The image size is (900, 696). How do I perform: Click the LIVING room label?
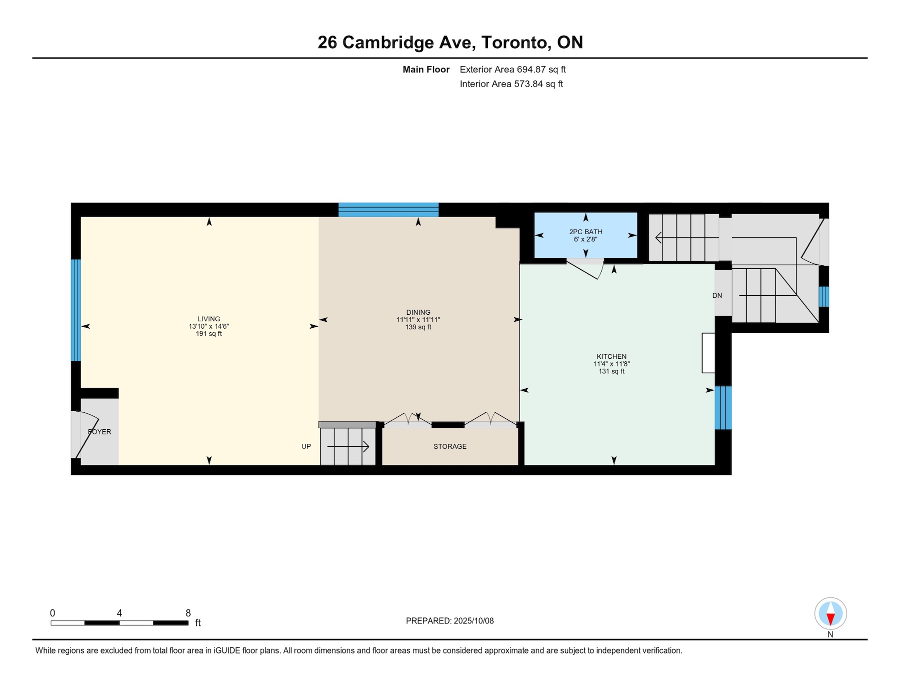pyautogui.click(x=208, y=319)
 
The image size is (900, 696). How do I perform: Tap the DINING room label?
pyautogui.click(x=418, y=312)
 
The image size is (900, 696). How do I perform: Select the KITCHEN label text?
pyautogui.click(x=611, y=357)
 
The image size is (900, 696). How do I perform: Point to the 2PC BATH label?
pyautogui.click(x=585, y=232)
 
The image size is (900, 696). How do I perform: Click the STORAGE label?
pyautogui.click(x=450, y=446)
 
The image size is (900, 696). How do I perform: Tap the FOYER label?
pyautogui.click(x=99, y=432)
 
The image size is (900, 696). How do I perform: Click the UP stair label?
pyautogui.click(x=306, y=446)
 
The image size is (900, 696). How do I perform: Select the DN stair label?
pyautogui.click(x=717, y=296)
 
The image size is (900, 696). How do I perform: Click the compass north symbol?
pyautogui.click(x=830, y=613)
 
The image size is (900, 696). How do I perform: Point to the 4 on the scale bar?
pyautogui.click(x=119, y=613)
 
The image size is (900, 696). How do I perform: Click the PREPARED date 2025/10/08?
pyautogui.click(x=473, y=621)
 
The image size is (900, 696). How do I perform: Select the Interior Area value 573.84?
pyautogui.click(x=528, y=84)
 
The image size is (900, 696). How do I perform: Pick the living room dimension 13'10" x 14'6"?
pyautogui.click(x=208, y=326)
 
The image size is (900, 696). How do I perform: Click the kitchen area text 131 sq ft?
pyautogui.click(x=611, y=371)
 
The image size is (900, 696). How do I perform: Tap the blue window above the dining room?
pyautogui.click(x=388, y=210)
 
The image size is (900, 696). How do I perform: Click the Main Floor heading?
pyautogui.click(x=426, y=70)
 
